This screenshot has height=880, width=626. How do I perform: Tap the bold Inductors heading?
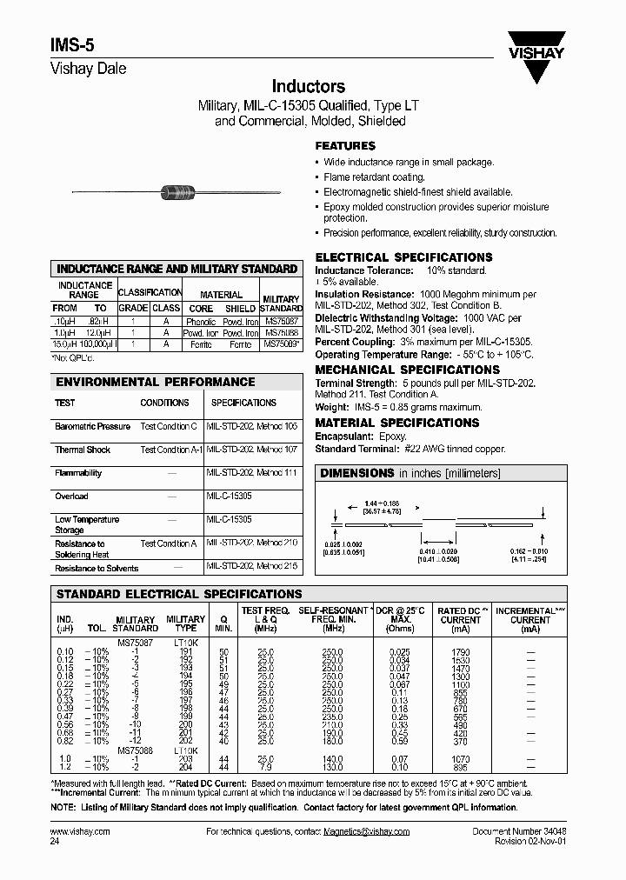309,86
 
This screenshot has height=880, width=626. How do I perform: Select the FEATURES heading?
345,146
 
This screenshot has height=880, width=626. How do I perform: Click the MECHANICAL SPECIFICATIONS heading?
401,370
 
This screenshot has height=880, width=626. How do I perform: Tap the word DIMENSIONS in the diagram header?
357,473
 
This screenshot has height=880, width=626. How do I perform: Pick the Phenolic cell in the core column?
200,321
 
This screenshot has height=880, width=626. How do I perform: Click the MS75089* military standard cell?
281,344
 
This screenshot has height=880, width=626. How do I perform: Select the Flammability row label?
78,473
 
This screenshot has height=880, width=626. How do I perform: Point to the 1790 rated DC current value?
460,651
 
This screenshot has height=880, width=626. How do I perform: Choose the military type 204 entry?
186,767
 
